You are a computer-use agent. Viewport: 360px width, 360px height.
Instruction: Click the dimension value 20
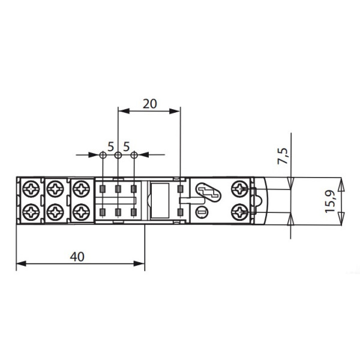tap(149, 104)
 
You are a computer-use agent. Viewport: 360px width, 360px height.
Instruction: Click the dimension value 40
tap(77, 257)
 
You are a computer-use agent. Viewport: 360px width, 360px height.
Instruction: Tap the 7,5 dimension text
tap(283, 156)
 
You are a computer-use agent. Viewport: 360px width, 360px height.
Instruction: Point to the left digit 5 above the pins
tap(110, 147)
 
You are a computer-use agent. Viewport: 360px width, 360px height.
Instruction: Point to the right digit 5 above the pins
tap(127, 147)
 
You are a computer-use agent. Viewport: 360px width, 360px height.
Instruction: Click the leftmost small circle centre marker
tap(103, 155)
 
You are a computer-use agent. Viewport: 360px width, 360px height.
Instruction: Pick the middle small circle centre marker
tap(118, 155)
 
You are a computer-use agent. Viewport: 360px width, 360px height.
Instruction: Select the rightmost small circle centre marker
tap(134, 155)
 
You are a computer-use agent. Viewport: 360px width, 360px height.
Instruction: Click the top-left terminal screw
tap(31, 189)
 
